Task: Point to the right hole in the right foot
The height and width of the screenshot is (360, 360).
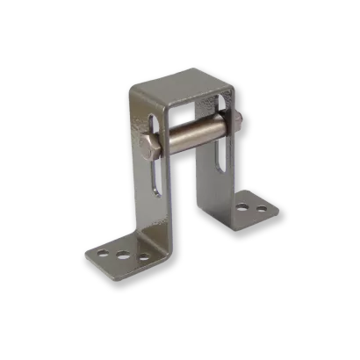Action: tap(261, 210)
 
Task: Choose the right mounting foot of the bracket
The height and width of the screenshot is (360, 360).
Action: tap(250, 208)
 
